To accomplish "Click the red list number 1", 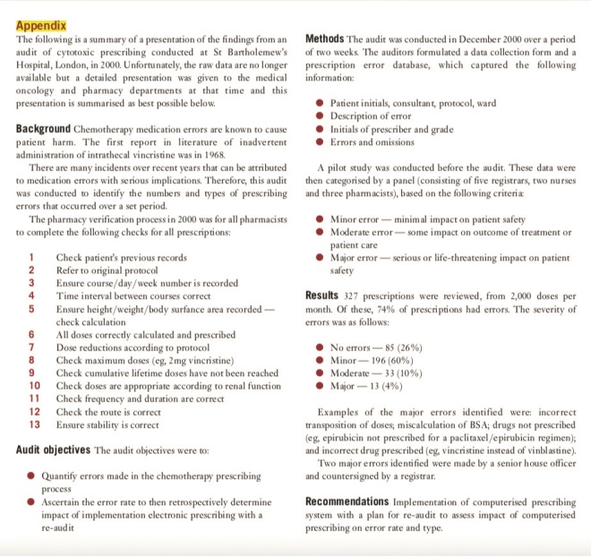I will coord(31,256).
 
